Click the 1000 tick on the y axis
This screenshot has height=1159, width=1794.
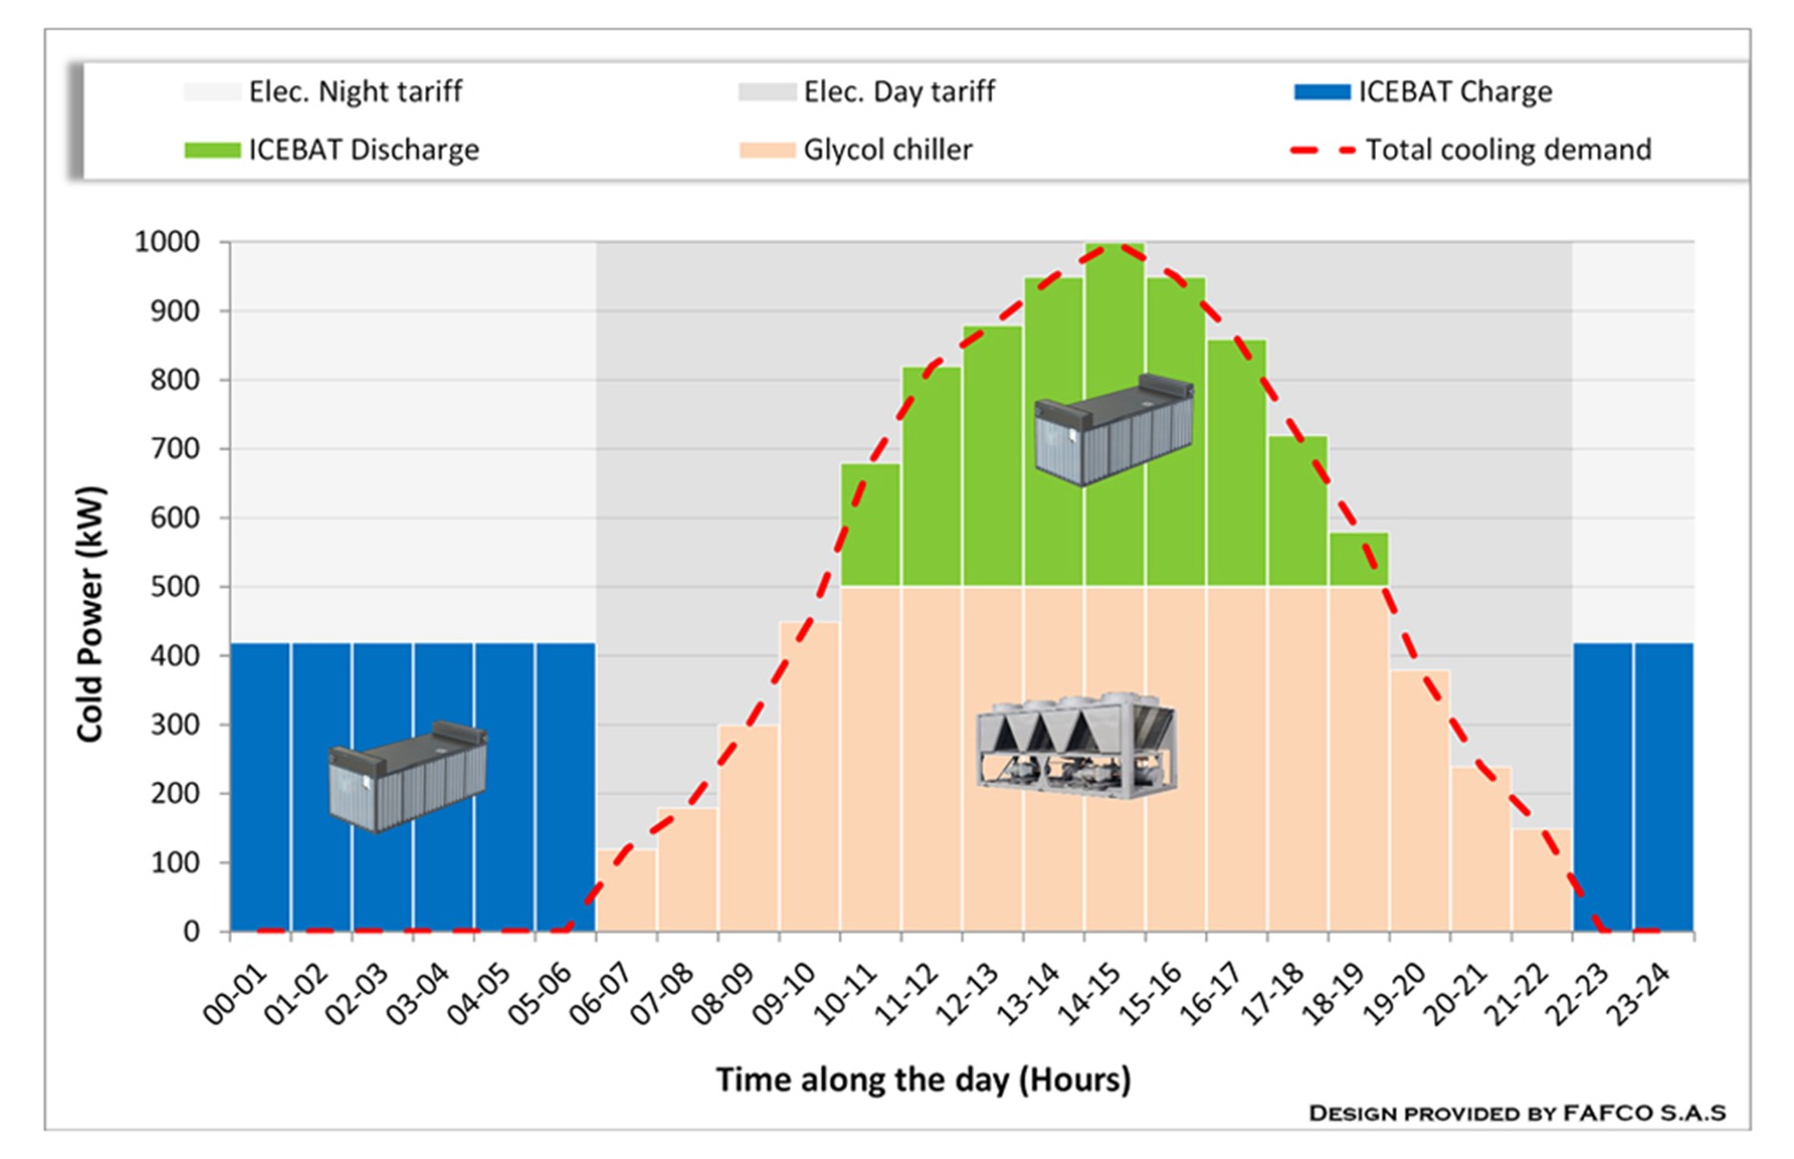coord(167,242)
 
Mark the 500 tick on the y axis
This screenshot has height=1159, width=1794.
coord(176,586)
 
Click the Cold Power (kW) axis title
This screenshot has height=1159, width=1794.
coord(91,614)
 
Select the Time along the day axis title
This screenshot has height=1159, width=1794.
coord(923,1080)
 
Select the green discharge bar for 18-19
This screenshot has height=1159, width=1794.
coord(1359,559)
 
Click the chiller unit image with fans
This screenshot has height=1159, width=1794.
coord(1076,746)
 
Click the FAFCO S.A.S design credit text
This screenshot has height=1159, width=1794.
coord(1516,1113)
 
